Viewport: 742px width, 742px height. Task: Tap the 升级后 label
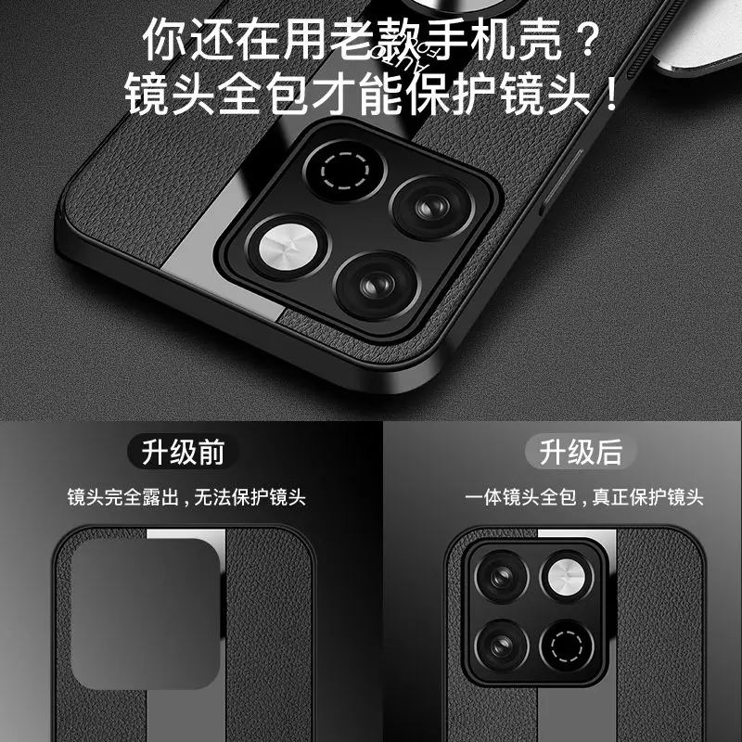(582, 453)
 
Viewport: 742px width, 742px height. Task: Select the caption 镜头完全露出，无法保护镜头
(185, 498)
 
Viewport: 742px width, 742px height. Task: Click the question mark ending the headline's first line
(582, 42)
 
